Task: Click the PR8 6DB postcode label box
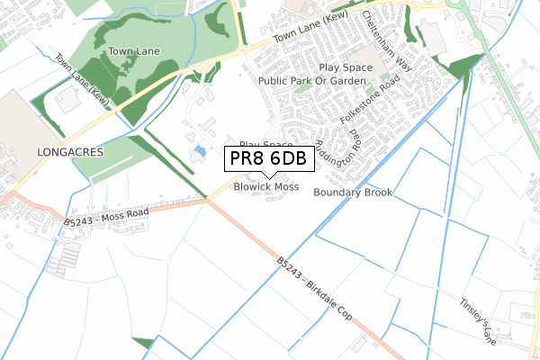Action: (x=269, y=158)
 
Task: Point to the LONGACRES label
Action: (x=71, y=153)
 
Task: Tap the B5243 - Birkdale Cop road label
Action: (x=314, y=288)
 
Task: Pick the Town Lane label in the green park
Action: (x=134, y=51)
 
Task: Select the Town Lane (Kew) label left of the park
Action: (x=82, y=80)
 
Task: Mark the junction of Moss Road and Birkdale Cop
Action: (x=208, y=200)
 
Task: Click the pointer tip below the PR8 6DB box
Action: (x=269, y=177)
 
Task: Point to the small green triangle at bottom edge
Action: (x=144, y=343)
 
